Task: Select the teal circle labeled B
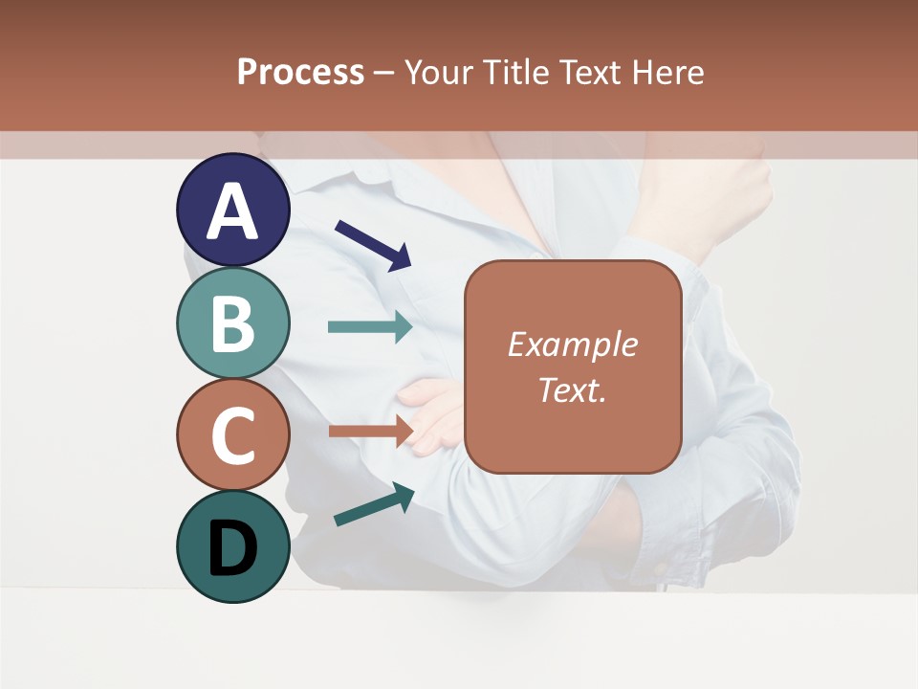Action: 233,322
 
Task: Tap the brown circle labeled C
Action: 233,433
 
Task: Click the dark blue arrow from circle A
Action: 373,245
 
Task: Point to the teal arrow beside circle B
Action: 370,326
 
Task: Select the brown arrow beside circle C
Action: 370,431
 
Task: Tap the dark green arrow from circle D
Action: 374,505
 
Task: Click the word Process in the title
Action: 300,72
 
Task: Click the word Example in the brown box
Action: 572,344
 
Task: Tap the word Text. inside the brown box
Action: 572,389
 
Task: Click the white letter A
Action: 233,211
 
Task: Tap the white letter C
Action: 233,435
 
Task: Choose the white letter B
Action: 233,323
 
